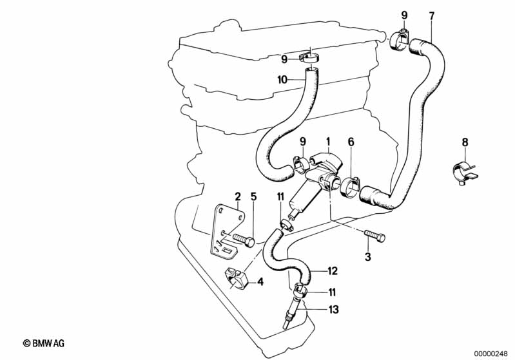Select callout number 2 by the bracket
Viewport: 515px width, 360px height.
tap(237, 196)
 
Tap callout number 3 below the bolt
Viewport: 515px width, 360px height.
tap(368, 258)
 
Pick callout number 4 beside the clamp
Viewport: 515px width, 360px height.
tap(260, 281)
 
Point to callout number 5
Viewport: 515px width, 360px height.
tap(253, 196)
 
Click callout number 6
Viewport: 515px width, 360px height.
tap(351, 142)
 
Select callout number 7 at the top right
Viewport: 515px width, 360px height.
tap(432, 15)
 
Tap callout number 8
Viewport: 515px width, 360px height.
tap(465, 143)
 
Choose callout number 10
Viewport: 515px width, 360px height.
tap(282, 81)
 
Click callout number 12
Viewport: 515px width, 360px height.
tap(333, 270)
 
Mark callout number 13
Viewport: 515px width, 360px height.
tap(333, 310)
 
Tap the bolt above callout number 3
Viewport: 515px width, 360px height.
tap(374, 237)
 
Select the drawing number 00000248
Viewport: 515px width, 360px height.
tap(492, 353)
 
